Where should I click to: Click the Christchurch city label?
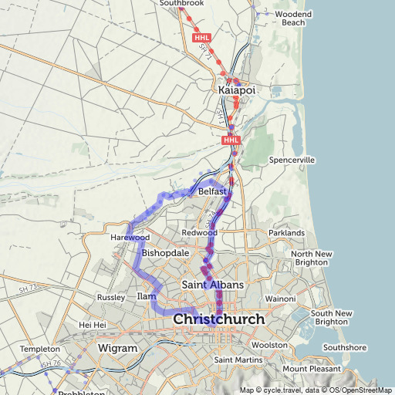[219, 319]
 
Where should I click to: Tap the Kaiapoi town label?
[237, 91]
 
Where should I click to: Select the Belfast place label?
[212, 191]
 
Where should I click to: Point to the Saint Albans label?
[212, 285]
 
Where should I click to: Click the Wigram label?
[117, 349]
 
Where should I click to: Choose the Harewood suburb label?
[129, 238]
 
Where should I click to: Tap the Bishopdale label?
[166, 252]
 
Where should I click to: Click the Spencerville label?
[292, 160]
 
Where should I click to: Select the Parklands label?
[286, 232]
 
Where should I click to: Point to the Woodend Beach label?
[293, 19]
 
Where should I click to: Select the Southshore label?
[344, 347]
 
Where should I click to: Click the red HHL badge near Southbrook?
[202, 37]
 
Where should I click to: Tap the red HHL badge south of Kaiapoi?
[231, 140]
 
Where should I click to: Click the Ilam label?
[146, 296]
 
